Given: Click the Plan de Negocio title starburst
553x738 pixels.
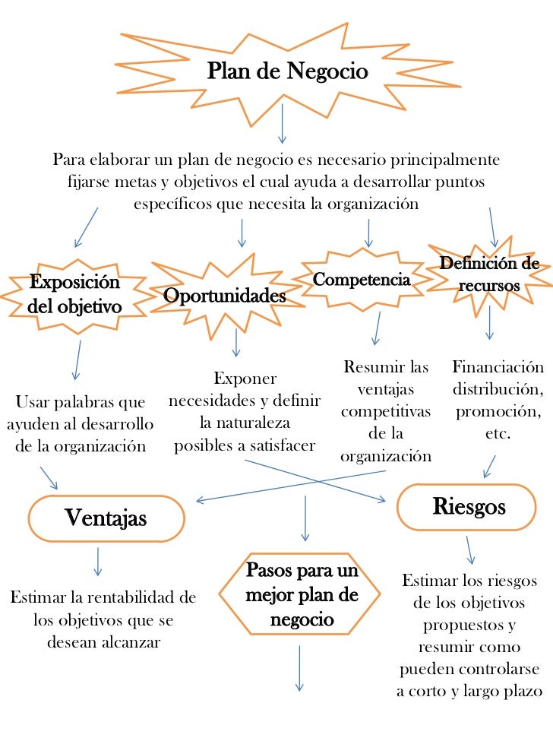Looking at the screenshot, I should [x=286, y=72].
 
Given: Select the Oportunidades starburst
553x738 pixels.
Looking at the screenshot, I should [x=225, y=295].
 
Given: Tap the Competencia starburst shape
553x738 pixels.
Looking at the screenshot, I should [x=362, y=280].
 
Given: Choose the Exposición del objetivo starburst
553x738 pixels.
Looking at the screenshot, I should [x=74, y=295].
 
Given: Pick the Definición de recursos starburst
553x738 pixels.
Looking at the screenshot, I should [x=489, y=275].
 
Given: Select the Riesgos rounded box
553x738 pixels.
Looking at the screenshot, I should [x=468, y=506].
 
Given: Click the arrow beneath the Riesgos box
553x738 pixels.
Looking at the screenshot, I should [x=471, y=549].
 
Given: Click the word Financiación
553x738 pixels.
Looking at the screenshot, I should [x=498, y=368].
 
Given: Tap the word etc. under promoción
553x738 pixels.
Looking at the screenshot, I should [x=498, y=434].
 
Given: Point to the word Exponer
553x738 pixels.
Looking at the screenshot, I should [x=245, y=378].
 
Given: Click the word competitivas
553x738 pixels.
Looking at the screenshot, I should [x=386, y=411].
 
